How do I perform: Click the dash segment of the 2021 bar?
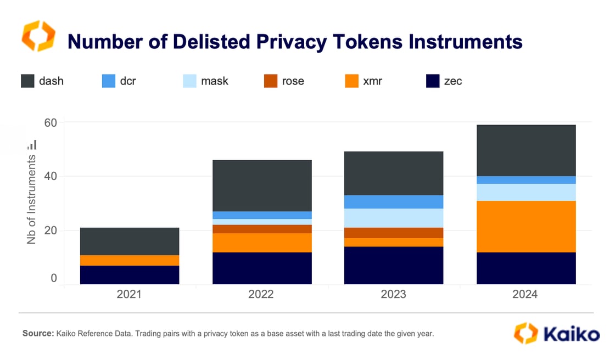tap(130, 241)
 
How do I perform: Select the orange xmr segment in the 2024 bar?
tap(526, 227)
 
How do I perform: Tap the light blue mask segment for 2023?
tap(394, 218)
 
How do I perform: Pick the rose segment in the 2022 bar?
tap(262, 229)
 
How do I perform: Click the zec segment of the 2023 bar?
tap(394, 265)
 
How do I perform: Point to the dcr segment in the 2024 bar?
tap(526, 180)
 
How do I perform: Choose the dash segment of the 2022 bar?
tap(262, 185)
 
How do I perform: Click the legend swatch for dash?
tap(28, 81)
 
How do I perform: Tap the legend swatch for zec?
tap(433, 81)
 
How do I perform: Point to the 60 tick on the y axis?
tap(51, 122)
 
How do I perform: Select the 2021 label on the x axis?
tap(129, 294)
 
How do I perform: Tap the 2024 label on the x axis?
tap(525, 294)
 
